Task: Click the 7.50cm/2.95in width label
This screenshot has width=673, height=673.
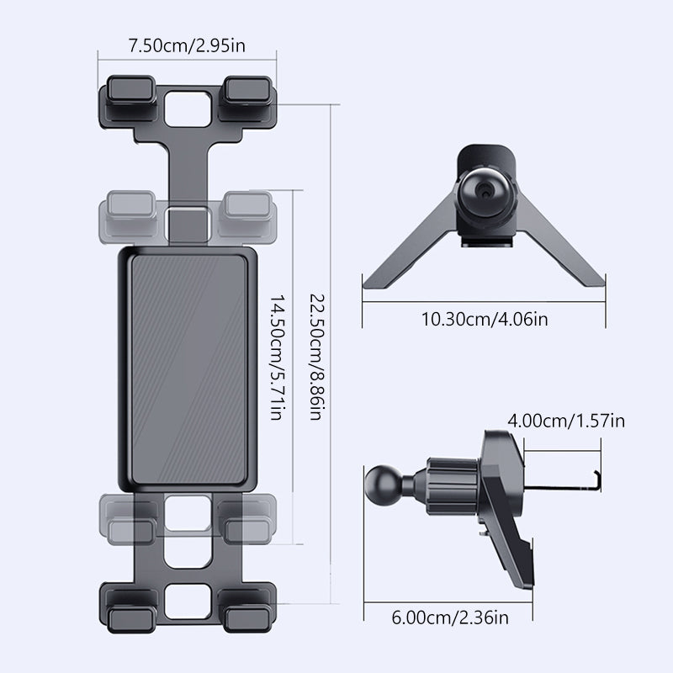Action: (187, 45)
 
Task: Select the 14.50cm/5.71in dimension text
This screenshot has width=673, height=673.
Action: (278, 357)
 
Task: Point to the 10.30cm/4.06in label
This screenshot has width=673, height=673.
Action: (485, 320)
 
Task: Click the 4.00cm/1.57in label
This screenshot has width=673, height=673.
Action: (566, 421)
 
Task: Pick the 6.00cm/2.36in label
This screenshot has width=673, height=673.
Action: (450, 617)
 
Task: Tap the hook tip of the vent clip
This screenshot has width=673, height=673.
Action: (597, 480)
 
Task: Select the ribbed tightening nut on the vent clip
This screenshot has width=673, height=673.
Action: (453, 487)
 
